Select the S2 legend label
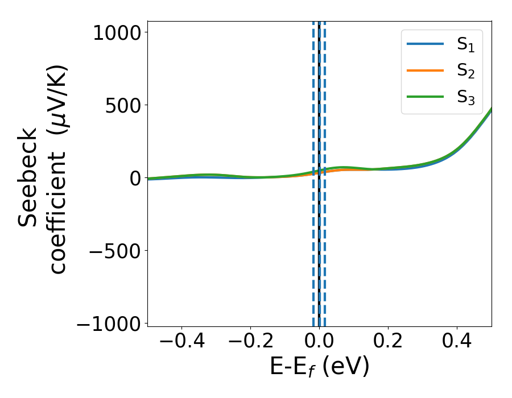point(466,71)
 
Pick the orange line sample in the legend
point(425,71)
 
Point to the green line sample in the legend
point(425,97)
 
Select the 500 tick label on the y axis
point(121,105)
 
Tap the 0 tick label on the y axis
point(134,178)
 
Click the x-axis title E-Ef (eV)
point(319,367)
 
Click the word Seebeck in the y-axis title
point(28,177)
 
